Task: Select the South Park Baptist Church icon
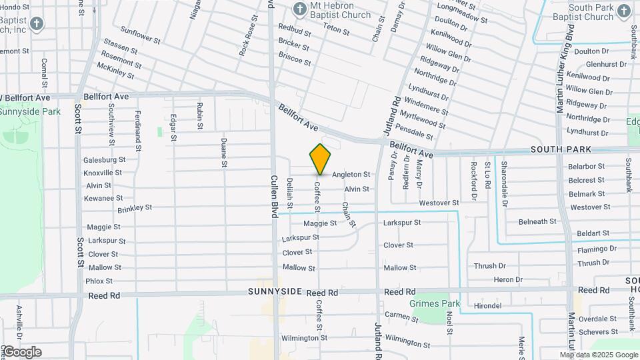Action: coord(623,11)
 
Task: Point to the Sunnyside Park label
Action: coord(30,111)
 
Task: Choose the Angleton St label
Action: coord(351,174)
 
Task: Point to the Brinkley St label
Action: coord(135,208)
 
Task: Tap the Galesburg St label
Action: coord(104,160)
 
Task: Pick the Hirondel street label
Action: coord(487,306)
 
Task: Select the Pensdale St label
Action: coord(414,131)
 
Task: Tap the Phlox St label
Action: coord(99,281)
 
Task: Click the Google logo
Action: coord(22,352)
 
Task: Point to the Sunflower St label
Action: coord(141,35)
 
